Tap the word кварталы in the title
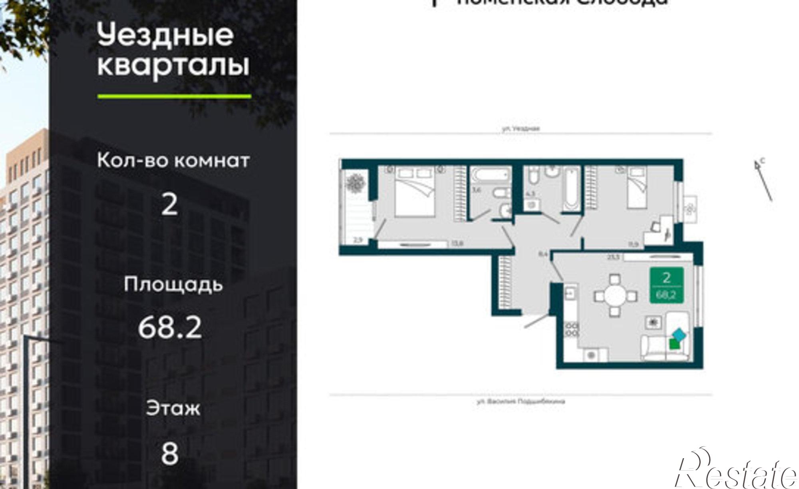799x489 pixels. click(173, 66)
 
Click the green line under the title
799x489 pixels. click(174, 96)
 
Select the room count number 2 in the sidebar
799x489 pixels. click(169, 204)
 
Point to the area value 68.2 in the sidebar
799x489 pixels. click(170, 328)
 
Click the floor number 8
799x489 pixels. click(169, 454)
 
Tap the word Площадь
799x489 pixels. click(173, 285)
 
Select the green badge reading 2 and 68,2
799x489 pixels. click(666, 284)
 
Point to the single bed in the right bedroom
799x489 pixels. click(636, 188)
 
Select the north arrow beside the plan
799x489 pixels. click(763, 180)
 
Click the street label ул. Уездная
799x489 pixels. click(521, 129)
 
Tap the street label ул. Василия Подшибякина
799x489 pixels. click(521, 401)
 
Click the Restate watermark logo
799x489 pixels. click(735, 472)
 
